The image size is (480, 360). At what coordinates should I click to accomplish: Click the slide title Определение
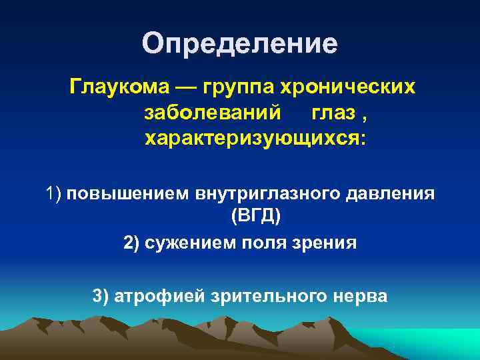coord(240,44)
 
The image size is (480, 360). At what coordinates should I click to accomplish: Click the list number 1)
coord(53,194)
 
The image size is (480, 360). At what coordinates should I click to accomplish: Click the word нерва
coord(359,295)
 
